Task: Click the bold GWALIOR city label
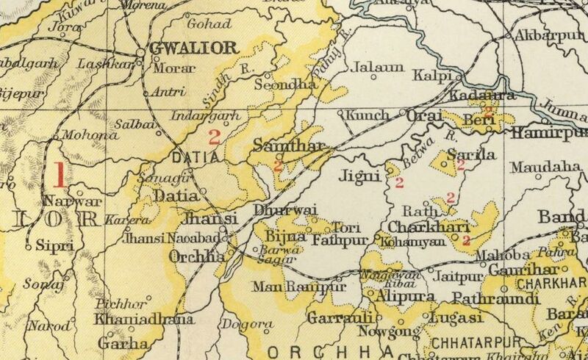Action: tap(194, 49)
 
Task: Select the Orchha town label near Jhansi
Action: tap(196, 256)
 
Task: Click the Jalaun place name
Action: tap(379, 68)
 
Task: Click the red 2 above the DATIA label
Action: tap(215, 136)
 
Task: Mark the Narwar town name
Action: tap(61, 201)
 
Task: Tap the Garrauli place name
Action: tap(340, 318)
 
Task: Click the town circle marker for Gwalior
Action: tap(141, 53)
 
